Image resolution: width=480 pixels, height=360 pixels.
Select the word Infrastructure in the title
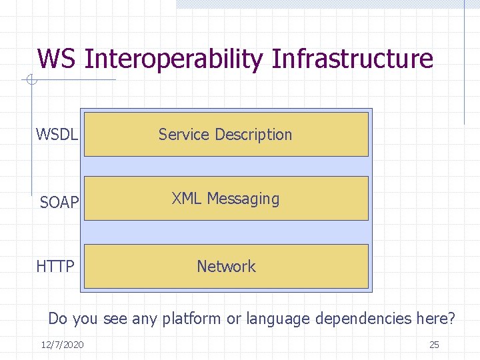353,59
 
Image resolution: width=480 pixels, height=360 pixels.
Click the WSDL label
57,135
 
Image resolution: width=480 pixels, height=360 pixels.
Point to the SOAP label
59,203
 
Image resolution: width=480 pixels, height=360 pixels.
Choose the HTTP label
55,267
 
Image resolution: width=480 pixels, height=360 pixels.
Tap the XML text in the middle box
187,199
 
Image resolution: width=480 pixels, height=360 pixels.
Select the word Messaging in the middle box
243,199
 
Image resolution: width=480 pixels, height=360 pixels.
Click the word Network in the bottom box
226,267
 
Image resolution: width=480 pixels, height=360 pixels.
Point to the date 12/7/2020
62,345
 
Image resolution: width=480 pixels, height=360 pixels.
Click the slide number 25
434,345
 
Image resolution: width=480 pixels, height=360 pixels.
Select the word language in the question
278,319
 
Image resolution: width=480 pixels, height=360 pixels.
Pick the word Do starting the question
58,319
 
